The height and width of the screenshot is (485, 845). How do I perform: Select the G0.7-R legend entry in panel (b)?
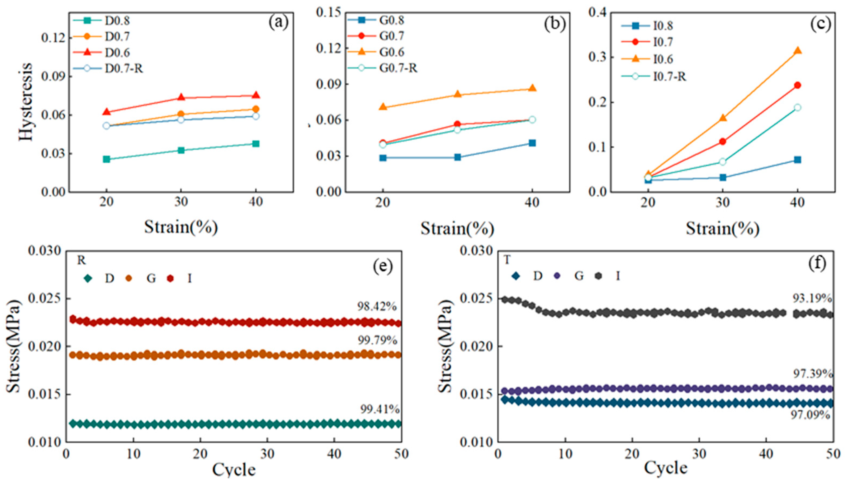398,68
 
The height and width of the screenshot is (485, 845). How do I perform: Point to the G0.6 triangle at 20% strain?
383,107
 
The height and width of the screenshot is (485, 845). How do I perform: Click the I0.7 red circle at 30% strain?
723,141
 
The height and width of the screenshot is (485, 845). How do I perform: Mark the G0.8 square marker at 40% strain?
532,143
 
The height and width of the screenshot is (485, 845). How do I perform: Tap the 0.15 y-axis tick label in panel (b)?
329,13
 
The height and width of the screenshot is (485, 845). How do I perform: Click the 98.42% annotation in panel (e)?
377,306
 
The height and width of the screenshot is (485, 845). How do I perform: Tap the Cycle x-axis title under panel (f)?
666,468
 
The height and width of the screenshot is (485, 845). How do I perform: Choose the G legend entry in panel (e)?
151,278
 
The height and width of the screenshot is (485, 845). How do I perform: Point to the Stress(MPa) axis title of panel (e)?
14,346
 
